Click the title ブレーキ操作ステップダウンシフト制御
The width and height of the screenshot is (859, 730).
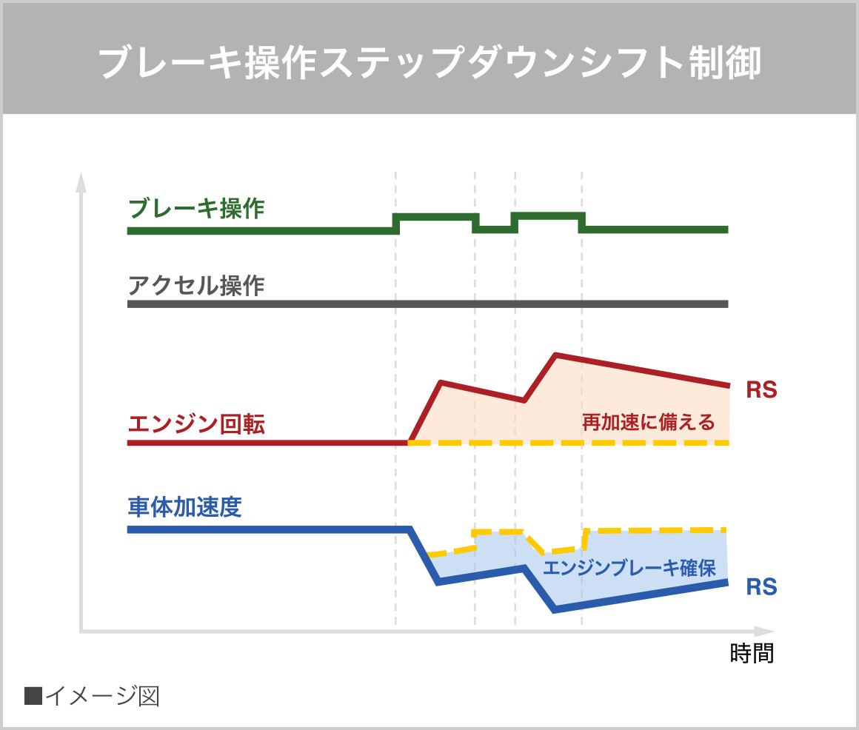[x=429, y=64]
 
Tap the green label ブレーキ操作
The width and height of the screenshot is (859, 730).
[x=196, y=209]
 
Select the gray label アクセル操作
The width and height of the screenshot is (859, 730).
[x=196, y=285]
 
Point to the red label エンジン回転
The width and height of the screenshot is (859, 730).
[x=196, y=424]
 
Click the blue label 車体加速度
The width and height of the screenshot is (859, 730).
[x=184, y=508]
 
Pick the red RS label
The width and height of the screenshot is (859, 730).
[x=761, y=390]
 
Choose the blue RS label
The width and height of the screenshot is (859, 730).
[x=761, y=587]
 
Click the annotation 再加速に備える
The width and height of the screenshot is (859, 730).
[x=648, y=423]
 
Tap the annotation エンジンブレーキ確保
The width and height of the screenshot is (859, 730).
[x=629, y=568]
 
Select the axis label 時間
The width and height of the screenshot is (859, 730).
[x=752, y=654]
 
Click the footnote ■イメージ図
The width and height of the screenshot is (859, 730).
[x=92, y=696]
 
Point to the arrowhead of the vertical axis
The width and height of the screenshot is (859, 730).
[x=81, y=181]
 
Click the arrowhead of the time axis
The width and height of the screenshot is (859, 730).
[x=764, y=632]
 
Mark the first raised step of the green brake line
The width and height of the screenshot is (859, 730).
[x=435, y=216]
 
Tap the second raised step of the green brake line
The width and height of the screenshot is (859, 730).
[x=546, y=215]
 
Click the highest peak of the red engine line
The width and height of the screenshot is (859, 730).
[x=556, y=356]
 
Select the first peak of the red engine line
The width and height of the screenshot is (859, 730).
[x=441, y=383]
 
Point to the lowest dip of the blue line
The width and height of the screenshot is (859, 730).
[x=555, y=610]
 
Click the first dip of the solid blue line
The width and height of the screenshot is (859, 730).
[x=439, y=583]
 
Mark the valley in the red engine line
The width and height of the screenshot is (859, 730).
[x=524, y=400]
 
